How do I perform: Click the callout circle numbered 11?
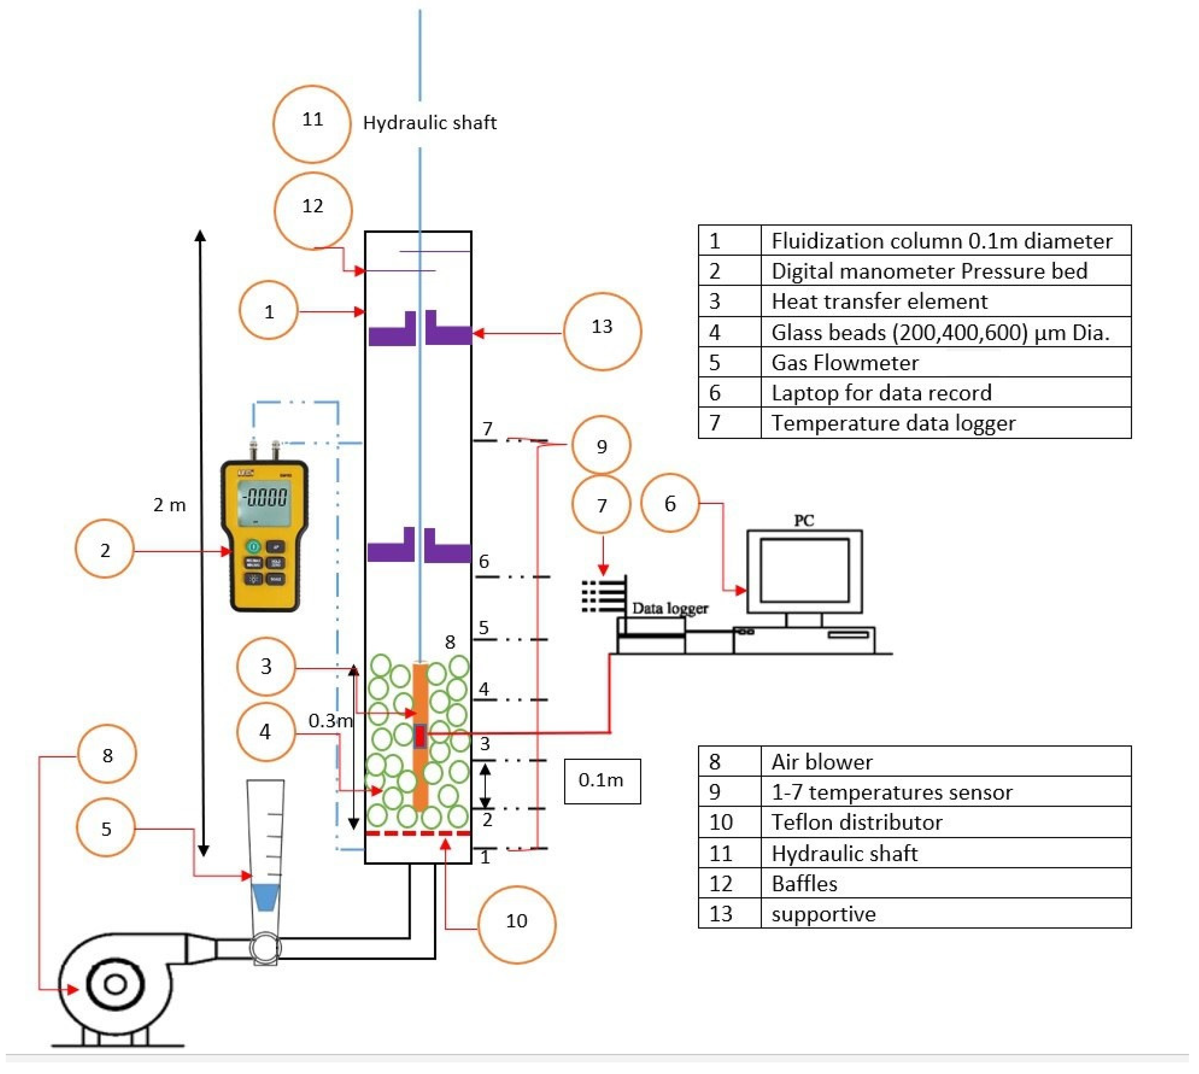click(312, 124)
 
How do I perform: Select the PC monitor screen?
click(804, 570)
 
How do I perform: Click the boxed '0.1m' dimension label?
click(602, 781)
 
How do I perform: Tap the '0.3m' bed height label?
click(330, 720)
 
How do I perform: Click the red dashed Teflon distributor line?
click(418, 833)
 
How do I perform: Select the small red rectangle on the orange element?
click(420, 736)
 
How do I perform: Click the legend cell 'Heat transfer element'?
click(879, 302)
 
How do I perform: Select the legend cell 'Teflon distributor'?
click(857, 823)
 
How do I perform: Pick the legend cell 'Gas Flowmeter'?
click(845, 362)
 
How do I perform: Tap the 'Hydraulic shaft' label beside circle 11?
click(429, 123)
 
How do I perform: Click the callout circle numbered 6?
click(670, 503)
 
